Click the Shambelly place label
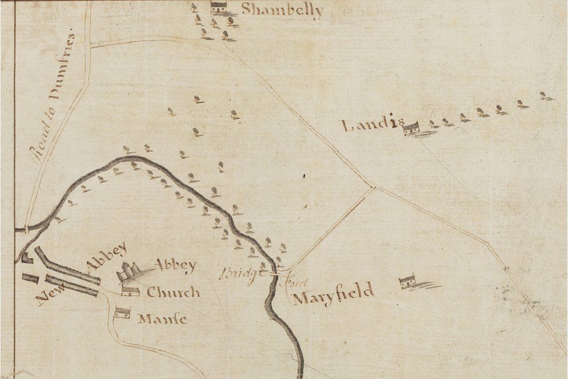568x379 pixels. pyautogui.click(x=282, y=10)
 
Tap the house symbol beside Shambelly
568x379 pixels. pyautogui.click(x=219, y=8)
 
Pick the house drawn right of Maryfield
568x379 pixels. pyautogui.click(x=408, y=282)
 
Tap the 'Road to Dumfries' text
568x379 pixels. pyautogui.click(x=52, y=97)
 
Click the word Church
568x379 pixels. pyautogui.click(x=173, y=292)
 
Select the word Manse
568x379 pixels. pyautogui.click(x=162, y=320)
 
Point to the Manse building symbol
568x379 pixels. pyautogui.click(x=122, y=313)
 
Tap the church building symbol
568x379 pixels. pyautogui.click(x=130, y=290)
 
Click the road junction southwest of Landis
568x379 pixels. pyautogui.click(x=373, y=187)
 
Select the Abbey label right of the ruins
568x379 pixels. pyautogui.click(x=175, y=265)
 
